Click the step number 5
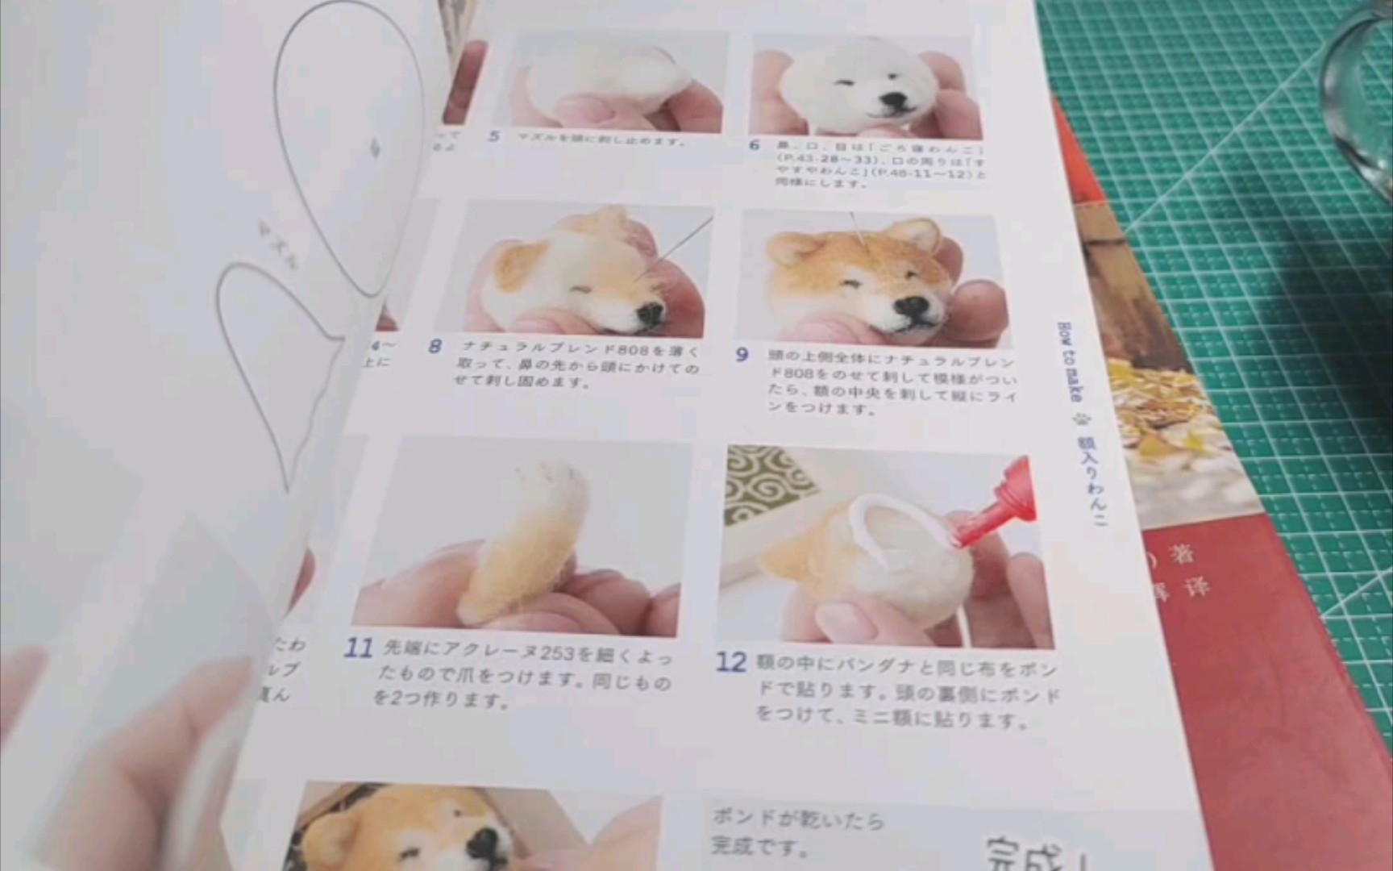coord(494,136)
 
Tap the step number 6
coord(755,145)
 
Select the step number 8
coord(435,347)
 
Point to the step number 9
coord(742,354)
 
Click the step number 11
coord(359,648)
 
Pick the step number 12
coord(731,662)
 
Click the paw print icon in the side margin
coord(1080,420)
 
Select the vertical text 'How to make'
coord(1069,362)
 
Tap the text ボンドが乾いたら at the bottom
coord(797,819)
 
